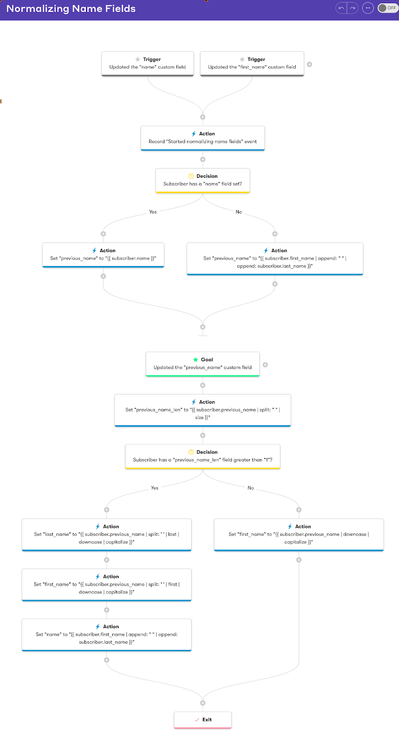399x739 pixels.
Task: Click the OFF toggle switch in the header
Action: [x=388, y=8]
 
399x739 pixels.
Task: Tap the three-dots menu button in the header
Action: [x=368, y=8]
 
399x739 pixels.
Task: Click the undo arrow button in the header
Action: [x=341, y=8]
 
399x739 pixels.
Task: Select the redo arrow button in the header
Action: [x=352, y=8]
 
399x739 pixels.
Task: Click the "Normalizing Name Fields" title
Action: [x=71, y=9]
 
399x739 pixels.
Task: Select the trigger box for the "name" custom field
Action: [x=147, y=63]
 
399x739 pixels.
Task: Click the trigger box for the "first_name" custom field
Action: [x=252, y=63]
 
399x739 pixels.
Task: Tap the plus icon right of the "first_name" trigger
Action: [x=309, y=64]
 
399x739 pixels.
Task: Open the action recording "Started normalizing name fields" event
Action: [x=202, y=138]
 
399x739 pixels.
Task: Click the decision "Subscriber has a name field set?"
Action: [x=202, y=181]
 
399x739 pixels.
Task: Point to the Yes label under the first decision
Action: [x=153, y=212]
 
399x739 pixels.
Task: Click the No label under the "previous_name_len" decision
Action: [x=251, y=488]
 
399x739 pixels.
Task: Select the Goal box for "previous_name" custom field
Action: [x=202, y=364]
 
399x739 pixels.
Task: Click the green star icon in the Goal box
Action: [x=195, y=359]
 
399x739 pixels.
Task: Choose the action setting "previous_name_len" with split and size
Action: [x=202, y=410]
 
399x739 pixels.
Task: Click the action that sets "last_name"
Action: [x=107, y=534]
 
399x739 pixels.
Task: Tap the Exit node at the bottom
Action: [x=202, y=720]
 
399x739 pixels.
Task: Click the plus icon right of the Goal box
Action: [x=265, y=364]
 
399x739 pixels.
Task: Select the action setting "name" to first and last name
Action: [x=107, y=635]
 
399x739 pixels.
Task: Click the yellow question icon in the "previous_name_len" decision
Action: [x=191, y=452]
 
